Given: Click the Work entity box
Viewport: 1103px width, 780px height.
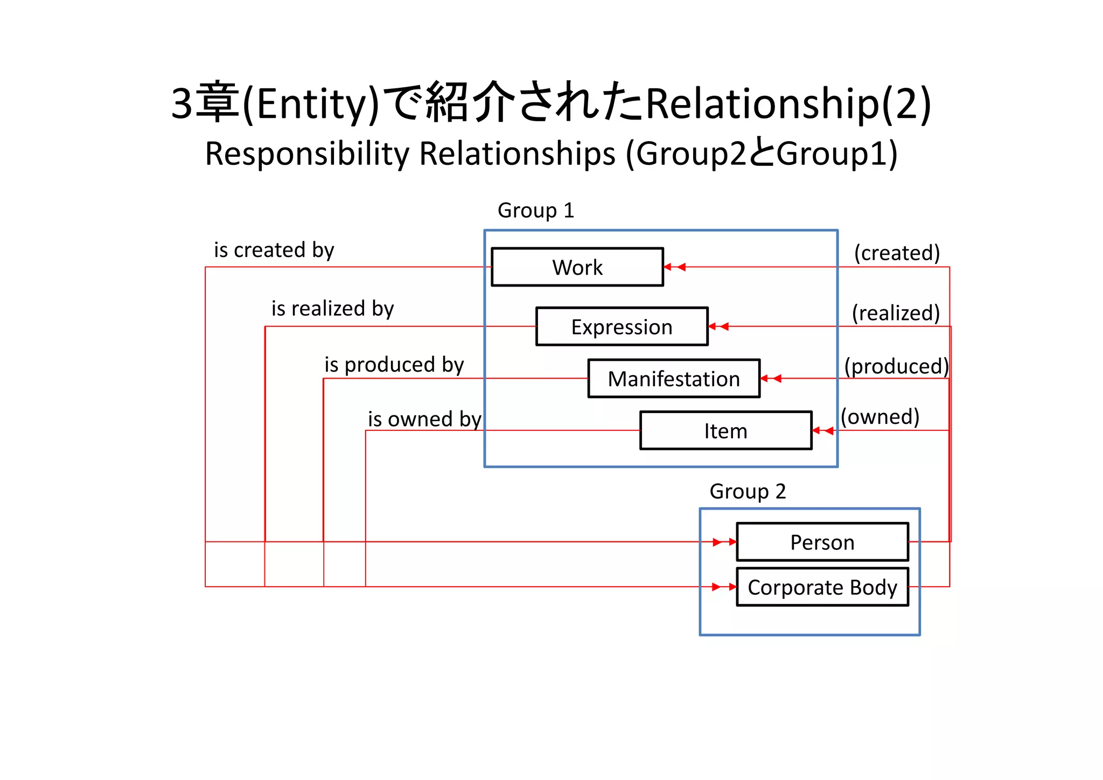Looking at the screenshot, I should tap(577, 267).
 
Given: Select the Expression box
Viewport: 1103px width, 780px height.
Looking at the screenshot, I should tap(622, 327).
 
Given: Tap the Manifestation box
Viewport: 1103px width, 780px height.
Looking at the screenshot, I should tap(674, 379).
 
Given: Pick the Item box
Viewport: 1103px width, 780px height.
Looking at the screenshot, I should tap(725, 431).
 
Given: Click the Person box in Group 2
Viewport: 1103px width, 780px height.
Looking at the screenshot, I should tap(822, 542).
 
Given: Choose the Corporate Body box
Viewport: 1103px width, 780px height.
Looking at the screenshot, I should tap(822, 587).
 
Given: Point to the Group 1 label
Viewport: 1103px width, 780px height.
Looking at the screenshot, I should tap(536, 210).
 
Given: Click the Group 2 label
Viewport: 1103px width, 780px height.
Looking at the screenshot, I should tap(748, 491).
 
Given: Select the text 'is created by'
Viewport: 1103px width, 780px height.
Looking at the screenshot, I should tap(274, 250).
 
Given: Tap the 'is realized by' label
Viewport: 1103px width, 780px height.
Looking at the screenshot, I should tap(332, 309).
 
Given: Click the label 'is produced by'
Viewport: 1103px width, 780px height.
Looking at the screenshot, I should tap(394, 365).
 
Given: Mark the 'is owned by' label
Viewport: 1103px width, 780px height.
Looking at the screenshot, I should tap(424, 419).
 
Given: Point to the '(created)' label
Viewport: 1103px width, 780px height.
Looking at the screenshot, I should tap(897, 253).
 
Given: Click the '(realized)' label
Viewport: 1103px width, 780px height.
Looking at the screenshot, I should tap(896, 312).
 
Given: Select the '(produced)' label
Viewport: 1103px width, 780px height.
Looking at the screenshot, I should tap(896, 366).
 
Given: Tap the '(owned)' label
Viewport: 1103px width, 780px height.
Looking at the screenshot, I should tap(880, 416).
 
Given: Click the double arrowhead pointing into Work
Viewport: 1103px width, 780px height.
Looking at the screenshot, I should tap(674, 267).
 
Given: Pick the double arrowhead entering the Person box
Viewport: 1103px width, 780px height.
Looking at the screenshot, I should tap(724, 542).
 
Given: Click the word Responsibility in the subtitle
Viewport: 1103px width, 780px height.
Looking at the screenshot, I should tap(307, 154).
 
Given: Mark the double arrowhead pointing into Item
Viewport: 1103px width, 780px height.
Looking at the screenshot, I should tap(823, 430).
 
